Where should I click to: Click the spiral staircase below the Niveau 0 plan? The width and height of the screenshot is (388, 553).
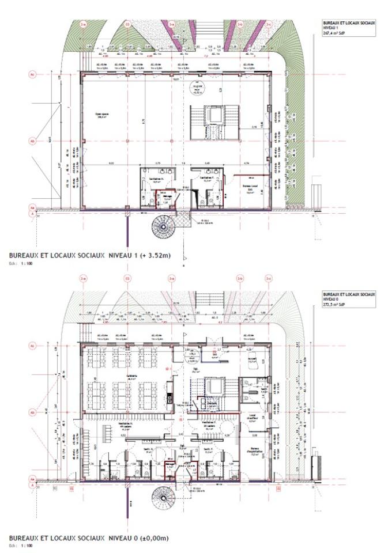click(x=163, y=497)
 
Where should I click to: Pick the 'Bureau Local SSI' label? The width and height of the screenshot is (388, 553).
click(x=249, y=188)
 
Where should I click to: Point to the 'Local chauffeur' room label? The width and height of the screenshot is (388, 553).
click(x=251, y=416)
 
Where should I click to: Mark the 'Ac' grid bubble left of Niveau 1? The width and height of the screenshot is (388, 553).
click(x=32, y=74)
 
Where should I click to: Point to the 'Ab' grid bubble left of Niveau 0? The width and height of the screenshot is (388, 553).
click(x=32, y=412)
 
